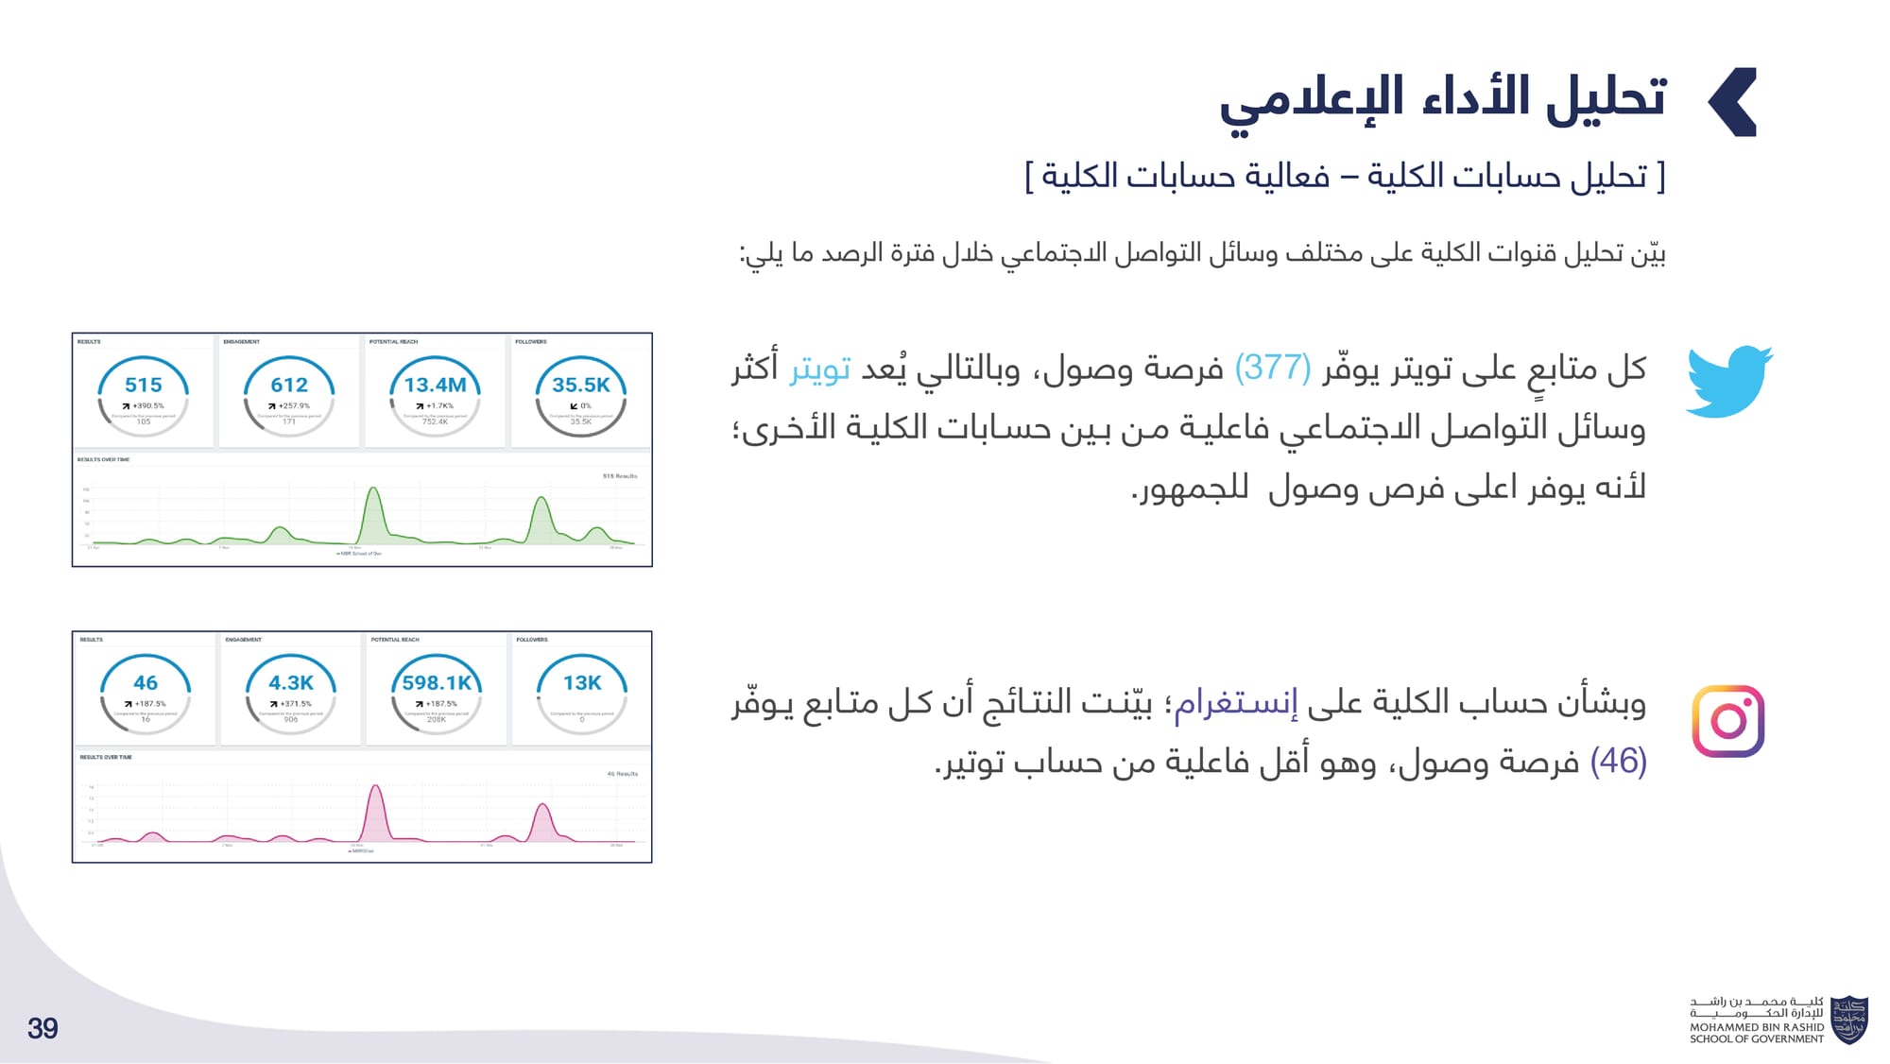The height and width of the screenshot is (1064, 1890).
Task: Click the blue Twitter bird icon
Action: (1728, 381)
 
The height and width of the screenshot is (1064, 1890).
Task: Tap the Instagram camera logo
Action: (1727, 721)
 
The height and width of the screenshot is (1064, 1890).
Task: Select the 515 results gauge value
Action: (144, 385)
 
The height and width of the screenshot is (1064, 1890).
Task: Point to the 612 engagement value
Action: (289, 385)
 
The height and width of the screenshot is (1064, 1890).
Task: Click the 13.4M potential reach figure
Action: (435, 385)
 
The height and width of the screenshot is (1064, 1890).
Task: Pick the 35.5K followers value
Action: (581, 385)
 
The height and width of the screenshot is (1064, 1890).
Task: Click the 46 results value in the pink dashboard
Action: (146, 682)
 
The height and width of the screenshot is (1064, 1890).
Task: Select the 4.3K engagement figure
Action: (291, 682)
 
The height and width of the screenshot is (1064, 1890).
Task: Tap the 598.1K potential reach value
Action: (437, 682)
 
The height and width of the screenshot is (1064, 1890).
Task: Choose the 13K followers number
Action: (582, 682)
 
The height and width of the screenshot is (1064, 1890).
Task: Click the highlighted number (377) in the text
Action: (1273, 368)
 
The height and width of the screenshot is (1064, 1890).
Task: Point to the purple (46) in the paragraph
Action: (1619, 761)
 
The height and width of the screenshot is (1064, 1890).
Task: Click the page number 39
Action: (43, 1028)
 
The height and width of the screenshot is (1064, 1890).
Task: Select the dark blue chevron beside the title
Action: (1733, 102)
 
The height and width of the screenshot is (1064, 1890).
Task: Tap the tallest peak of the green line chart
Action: (373, 489)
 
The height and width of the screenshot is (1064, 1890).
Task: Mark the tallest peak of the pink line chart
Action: (375, 786)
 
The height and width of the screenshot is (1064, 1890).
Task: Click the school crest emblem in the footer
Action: (1848, 1020)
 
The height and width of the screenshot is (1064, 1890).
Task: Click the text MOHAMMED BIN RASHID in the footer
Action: (1757, 1027)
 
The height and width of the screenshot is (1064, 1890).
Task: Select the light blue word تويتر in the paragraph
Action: (820, 368)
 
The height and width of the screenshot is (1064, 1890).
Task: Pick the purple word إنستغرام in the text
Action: (1235, 703)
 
